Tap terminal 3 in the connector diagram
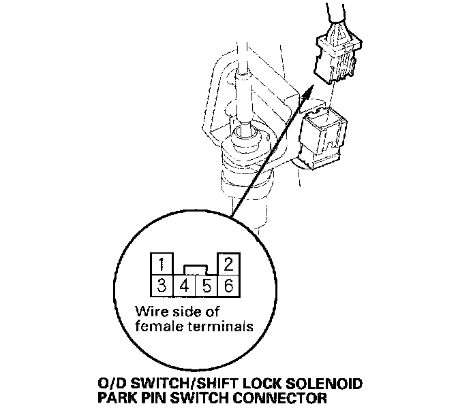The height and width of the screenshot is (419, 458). [159, 285]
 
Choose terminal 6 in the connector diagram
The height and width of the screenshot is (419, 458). [228, 285]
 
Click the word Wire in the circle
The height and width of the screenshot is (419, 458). [151, 313]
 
